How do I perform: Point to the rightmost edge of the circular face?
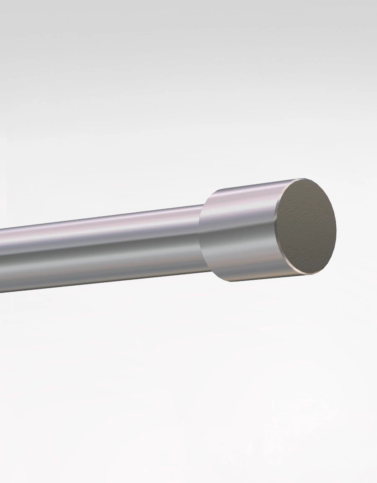(x=336, y=228)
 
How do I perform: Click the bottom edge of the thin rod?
(x=105, y=283)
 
